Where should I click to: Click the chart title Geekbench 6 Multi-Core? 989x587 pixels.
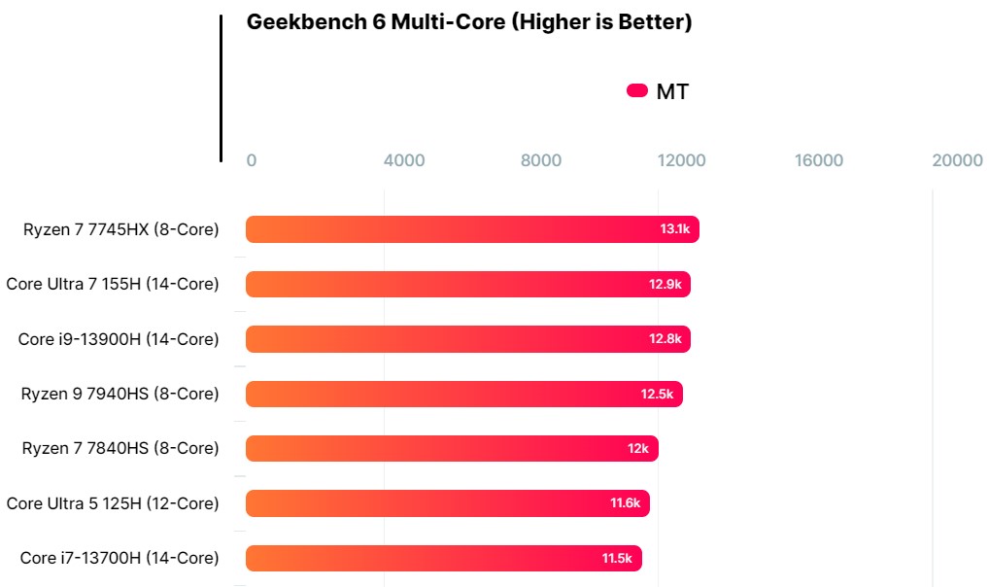click(468, 22)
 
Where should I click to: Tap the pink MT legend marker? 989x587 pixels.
click(637, 91)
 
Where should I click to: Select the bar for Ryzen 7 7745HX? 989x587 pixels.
click(472, 229)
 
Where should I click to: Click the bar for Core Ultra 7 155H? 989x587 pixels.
click(467, 284)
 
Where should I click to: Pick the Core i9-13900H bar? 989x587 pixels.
click(467, 339)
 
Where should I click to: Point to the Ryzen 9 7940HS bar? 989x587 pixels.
click(463, 394)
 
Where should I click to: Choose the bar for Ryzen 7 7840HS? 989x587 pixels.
click(452, 448)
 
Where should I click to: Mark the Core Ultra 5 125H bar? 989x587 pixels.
click(447, 503)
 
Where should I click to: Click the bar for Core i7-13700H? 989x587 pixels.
click(443, 558)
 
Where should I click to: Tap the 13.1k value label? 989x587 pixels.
click(674, 229)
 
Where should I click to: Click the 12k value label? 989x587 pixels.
click(638, 448)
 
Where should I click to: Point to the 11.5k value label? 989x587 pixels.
click(617, 558)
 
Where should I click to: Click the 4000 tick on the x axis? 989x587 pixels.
click(404, 160)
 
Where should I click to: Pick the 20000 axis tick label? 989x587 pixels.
click(957, 160)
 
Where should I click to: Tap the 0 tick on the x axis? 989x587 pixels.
click(252, 160)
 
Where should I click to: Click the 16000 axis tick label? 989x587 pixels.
click(819, 160)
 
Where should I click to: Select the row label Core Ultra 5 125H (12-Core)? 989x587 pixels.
click(113, 503)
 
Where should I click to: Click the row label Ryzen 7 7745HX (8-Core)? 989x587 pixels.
click(121, 229)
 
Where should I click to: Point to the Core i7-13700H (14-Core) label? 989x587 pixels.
click(119, 558)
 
